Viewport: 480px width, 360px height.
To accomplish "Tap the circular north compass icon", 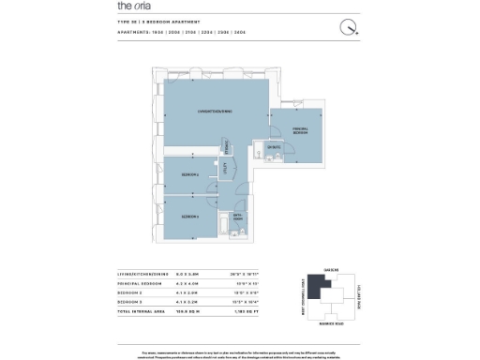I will [x=349, y=27].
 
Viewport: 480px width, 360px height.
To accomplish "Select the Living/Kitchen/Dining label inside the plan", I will [x=214, y=112].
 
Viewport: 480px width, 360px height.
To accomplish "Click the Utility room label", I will [x=225, y=168].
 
